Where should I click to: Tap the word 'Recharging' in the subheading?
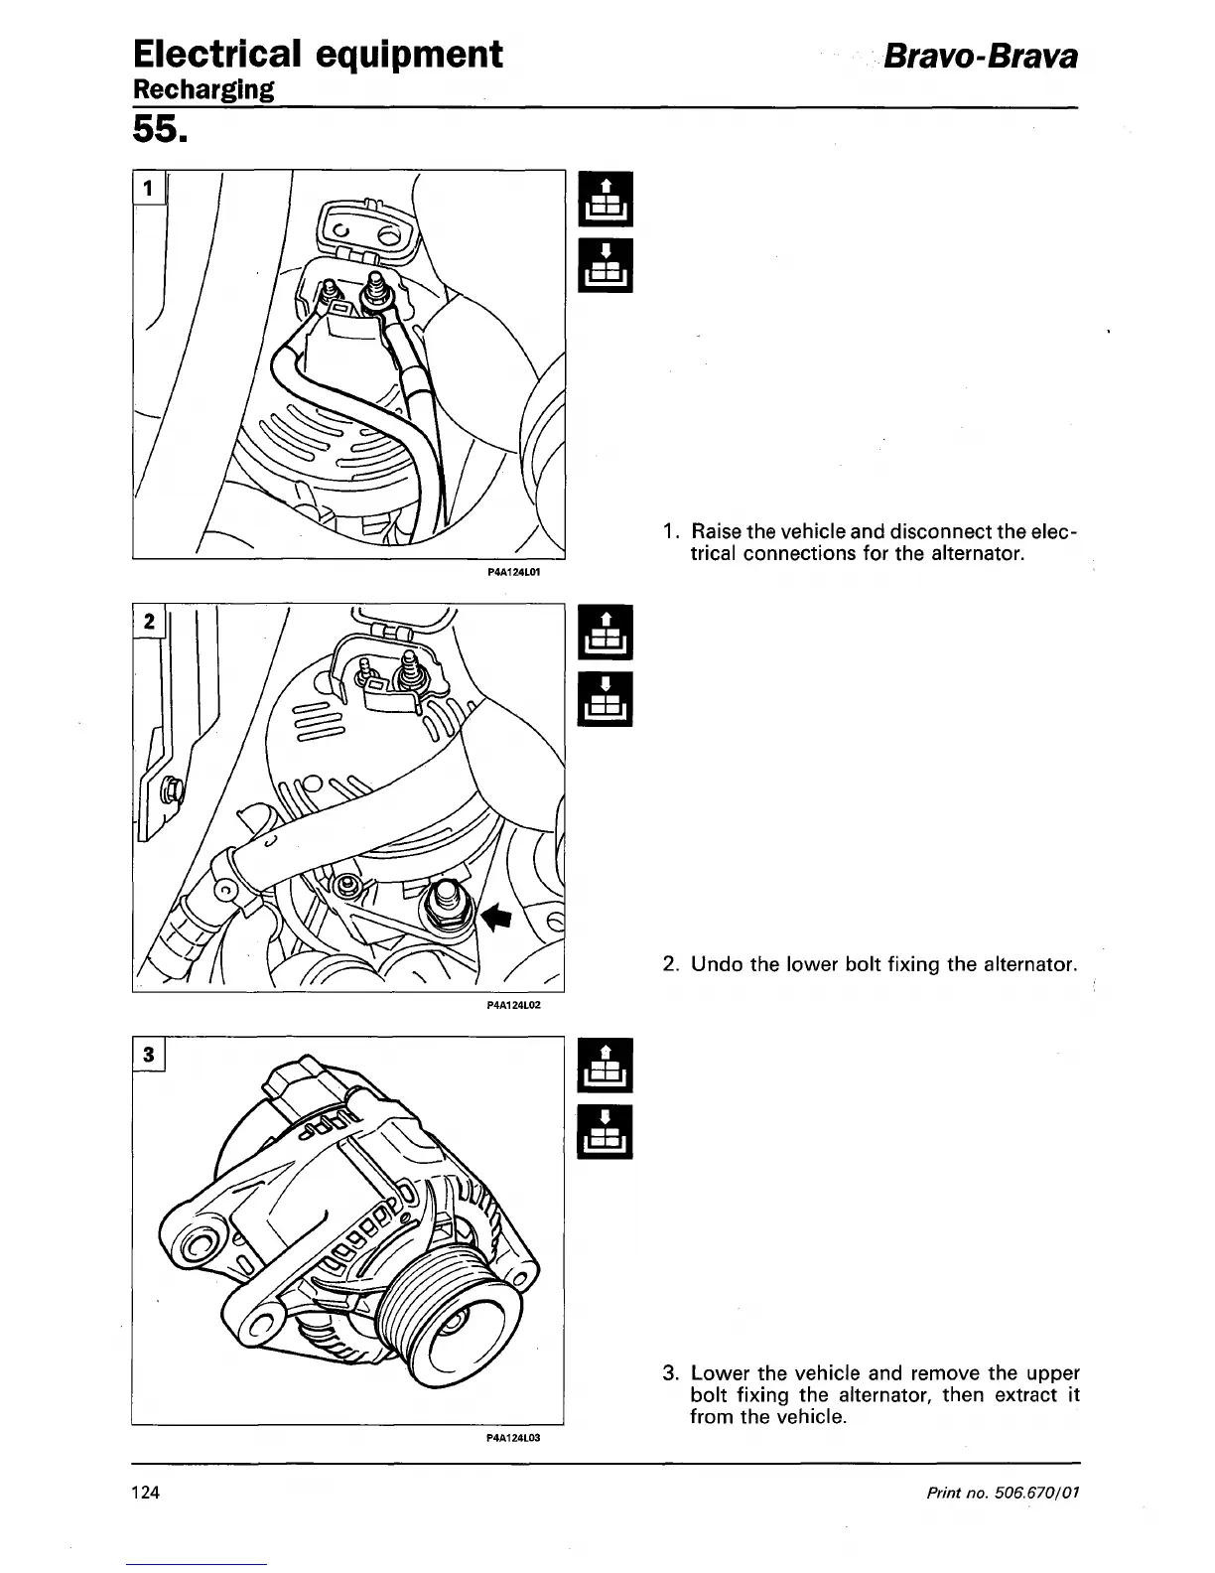pyautogui.click(x=202, y=89)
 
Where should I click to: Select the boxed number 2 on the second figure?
pyautogui.click(x=149, y=622)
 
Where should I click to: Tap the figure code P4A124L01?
pyautogui.click(x=512, y=573)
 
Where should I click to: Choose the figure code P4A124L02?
pyautogui.click(x=512, y=1005)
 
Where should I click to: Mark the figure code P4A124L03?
pyautogui.click(x=512, y=1437)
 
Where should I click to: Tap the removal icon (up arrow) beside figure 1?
pyautogui.click(x=606, y=199)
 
